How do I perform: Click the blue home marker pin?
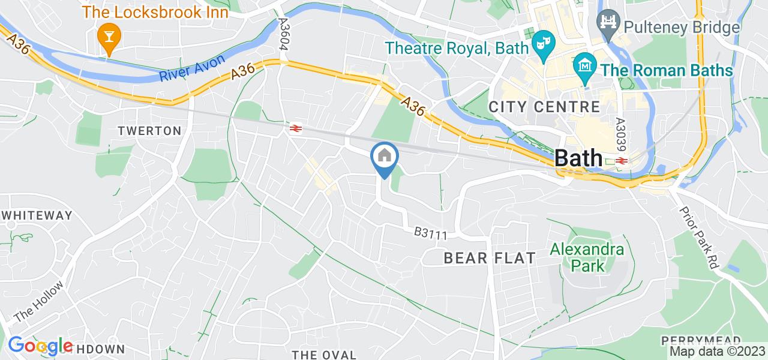pyautogui.click(x=383, y=157)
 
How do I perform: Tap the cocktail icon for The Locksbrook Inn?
pyautogui.click(x=109, y=37)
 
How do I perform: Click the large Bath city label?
pyautogui.click(x=578, y=158)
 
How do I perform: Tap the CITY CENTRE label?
pyautogui.click(x=544, y=107)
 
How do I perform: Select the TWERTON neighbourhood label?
pyautogui.click(x=149, y=131)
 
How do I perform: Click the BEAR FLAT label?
pyautogui.click(x=490, y=259)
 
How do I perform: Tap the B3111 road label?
pyautogui.click(x=431, y=233)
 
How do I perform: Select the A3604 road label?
pyautogui.click(x=284, y=34)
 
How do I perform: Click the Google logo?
pyautogui.click(x=40, y=346)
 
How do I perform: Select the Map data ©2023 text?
pyautogui.click(x=718, y=352)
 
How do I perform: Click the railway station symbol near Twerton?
pyautogui.click(x=295, y=128)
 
